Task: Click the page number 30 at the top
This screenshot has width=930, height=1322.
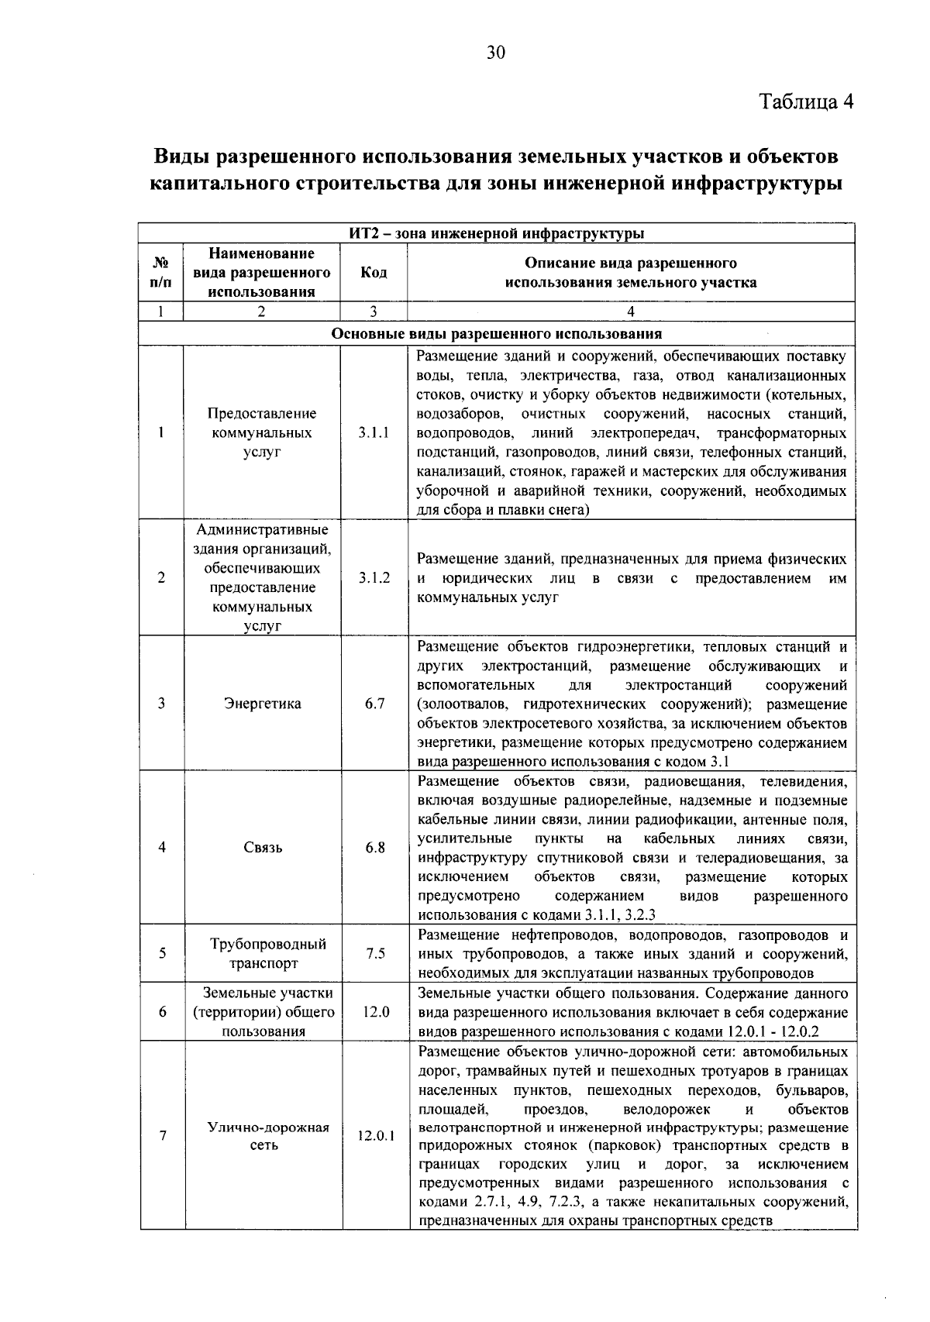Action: pos(495,52)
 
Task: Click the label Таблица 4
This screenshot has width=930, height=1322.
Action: pos(805,102)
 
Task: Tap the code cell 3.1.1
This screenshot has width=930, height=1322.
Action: pos(374,433)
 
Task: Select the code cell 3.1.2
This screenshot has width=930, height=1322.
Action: pos(374,578)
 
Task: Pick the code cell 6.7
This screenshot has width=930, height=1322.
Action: pos(374,704)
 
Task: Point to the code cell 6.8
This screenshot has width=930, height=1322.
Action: pos(374,847)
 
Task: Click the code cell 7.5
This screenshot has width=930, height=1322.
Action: pos(374,954)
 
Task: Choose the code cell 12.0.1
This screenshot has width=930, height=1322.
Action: pos(375,1136)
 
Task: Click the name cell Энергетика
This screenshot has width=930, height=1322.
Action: pos(262,704)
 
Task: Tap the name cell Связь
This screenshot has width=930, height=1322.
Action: pos(262,847)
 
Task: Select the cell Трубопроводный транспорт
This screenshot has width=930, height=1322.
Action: pos(262,954)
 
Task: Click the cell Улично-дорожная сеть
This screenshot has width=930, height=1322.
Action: pos(262,1136)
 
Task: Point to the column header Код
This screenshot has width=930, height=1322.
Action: pos(374,273)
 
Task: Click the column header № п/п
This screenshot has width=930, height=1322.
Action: pos(160,273)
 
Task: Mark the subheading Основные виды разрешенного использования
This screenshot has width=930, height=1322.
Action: pos(496,334)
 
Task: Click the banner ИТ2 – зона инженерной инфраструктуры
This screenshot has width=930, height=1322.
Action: pos(496,233)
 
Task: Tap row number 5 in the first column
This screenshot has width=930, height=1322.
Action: pos(161,954)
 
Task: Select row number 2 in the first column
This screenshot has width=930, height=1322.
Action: pos(161,578)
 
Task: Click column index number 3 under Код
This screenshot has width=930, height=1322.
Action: pos(374,312)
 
